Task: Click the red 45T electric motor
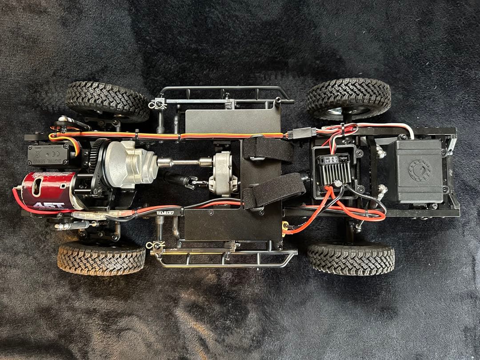47,191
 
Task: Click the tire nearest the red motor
101,258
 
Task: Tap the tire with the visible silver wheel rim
349,99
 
